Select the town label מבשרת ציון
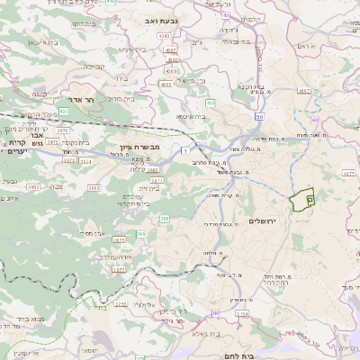(139, 146)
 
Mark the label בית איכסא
(191, 116)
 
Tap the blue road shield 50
(259, 117)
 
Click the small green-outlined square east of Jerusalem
(310, 190)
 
